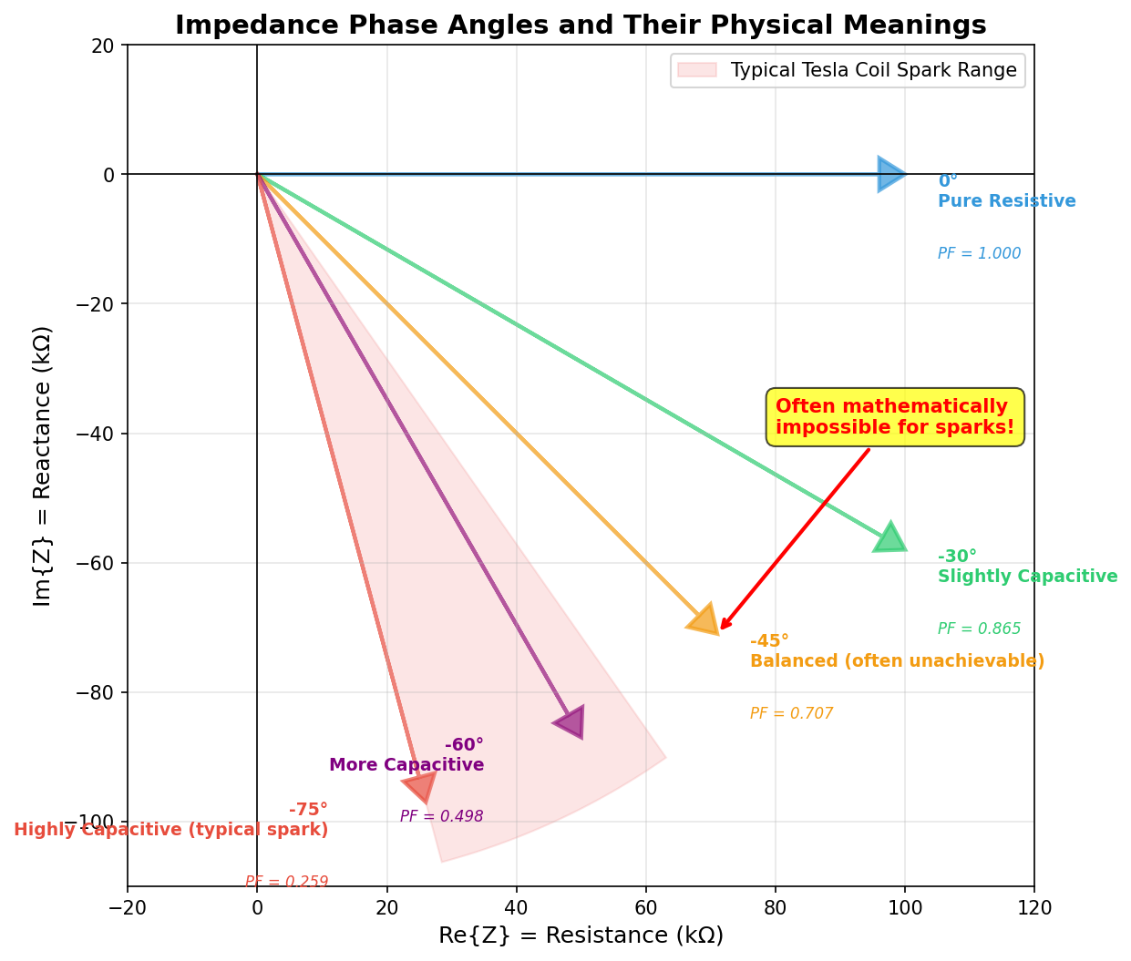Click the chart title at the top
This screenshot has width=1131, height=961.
(581, 26)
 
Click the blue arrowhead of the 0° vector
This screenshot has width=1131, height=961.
(890, 174)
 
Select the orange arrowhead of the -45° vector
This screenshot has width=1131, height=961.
(704, 619)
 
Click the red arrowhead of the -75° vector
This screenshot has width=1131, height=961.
(420, 786)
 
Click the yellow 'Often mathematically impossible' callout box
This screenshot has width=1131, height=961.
(895, 417)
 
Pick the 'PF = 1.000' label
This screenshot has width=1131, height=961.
(979, 254)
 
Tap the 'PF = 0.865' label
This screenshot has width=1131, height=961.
(979, 629)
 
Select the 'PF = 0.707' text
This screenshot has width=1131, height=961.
(791, 714)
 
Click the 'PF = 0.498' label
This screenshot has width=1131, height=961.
(441, 817)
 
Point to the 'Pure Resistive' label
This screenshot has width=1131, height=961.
(1006, 201)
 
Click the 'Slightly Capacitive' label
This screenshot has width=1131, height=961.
(1027, 577)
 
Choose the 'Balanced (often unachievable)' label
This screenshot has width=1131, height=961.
(897, 661)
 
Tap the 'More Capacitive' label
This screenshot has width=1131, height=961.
(406, 765)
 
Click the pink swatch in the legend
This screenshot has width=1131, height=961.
(697, 70)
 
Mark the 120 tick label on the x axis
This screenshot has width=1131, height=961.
(1034, 908)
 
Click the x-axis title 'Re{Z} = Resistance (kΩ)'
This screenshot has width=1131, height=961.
(581, 935)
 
